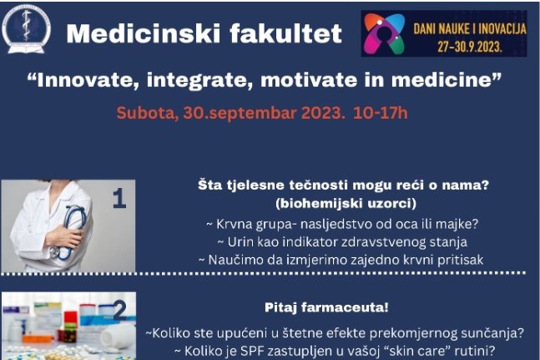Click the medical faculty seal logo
(26, 29)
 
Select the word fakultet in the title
(285, 33)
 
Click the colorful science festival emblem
(384, 33)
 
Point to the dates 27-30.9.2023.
(470, 47)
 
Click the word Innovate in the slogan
(83, 80)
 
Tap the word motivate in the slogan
(309, 80)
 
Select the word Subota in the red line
(146, 113)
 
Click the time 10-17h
(381, 113)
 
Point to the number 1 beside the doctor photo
(119, 199)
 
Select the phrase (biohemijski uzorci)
(346, 203)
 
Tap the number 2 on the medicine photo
(120, 311)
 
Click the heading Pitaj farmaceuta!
(326, 307)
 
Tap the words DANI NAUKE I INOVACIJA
(470, 29)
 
